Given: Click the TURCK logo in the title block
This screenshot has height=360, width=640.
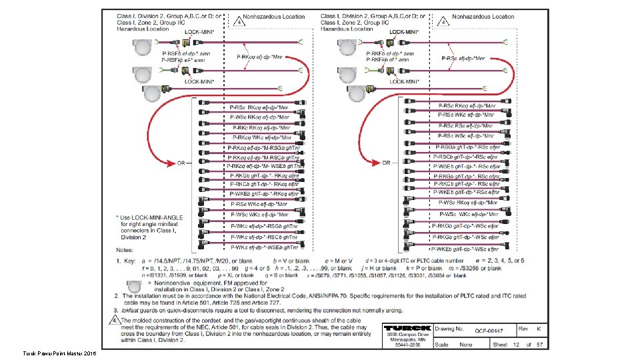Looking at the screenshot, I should click(x=407, y=329).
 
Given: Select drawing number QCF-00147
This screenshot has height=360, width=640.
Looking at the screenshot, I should click(x=489, y=331).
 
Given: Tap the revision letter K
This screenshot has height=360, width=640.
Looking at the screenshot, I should click(x=538, y=328).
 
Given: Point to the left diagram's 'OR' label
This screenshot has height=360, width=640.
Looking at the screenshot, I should click(x=181, y=163).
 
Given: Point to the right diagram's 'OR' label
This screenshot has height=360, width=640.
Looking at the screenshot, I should click(x=386, y=163).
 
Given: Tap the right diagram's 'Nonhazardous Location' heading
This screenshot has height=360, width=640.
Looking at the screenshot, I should click(x=483, y=17).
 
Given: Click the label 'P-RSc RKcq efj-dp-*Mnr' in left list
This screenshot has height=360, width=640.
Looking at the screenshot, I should click(x=259, y=107).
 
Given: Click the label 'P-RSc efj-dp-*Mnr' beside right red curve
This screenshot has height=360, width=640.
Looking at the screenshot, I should click(x=469, y=58).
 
